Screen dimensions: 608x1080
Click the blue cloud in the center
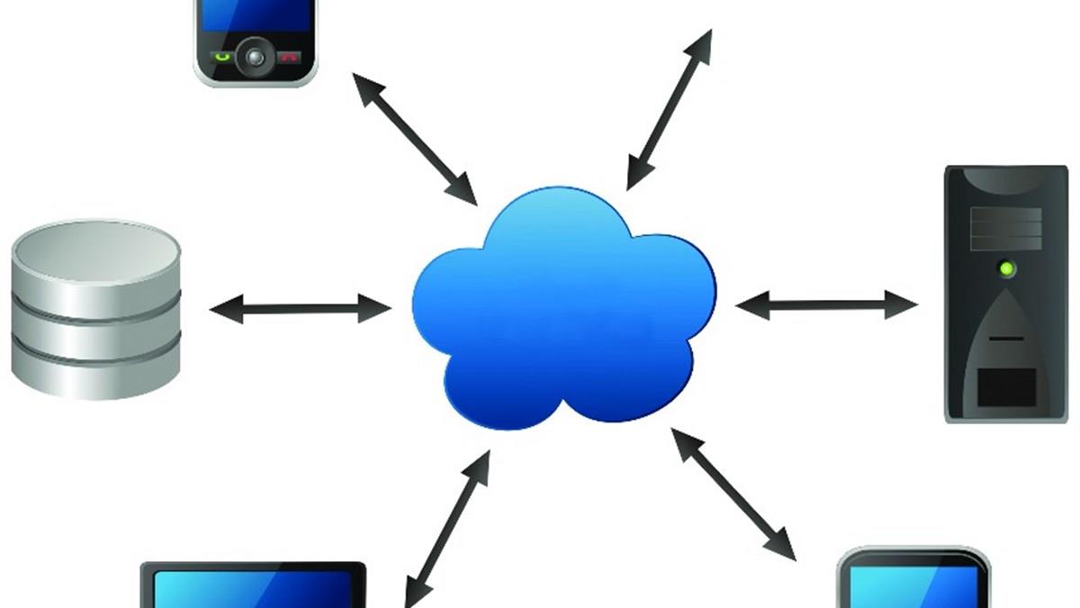[563, 306]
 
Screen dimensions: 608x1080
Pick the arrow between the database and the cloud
[300, 309]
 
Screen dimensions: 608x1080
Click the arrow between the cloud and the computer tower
[826, 304]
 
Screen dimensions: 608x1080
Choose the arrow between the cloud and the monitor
[447, 528]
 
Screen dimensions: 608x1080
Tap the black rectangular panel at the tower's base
[1005, 386]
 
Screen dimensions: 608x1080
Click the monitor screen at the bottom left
[253, 590]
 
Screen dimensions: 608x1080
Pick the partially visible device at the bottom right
[913, 581]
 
